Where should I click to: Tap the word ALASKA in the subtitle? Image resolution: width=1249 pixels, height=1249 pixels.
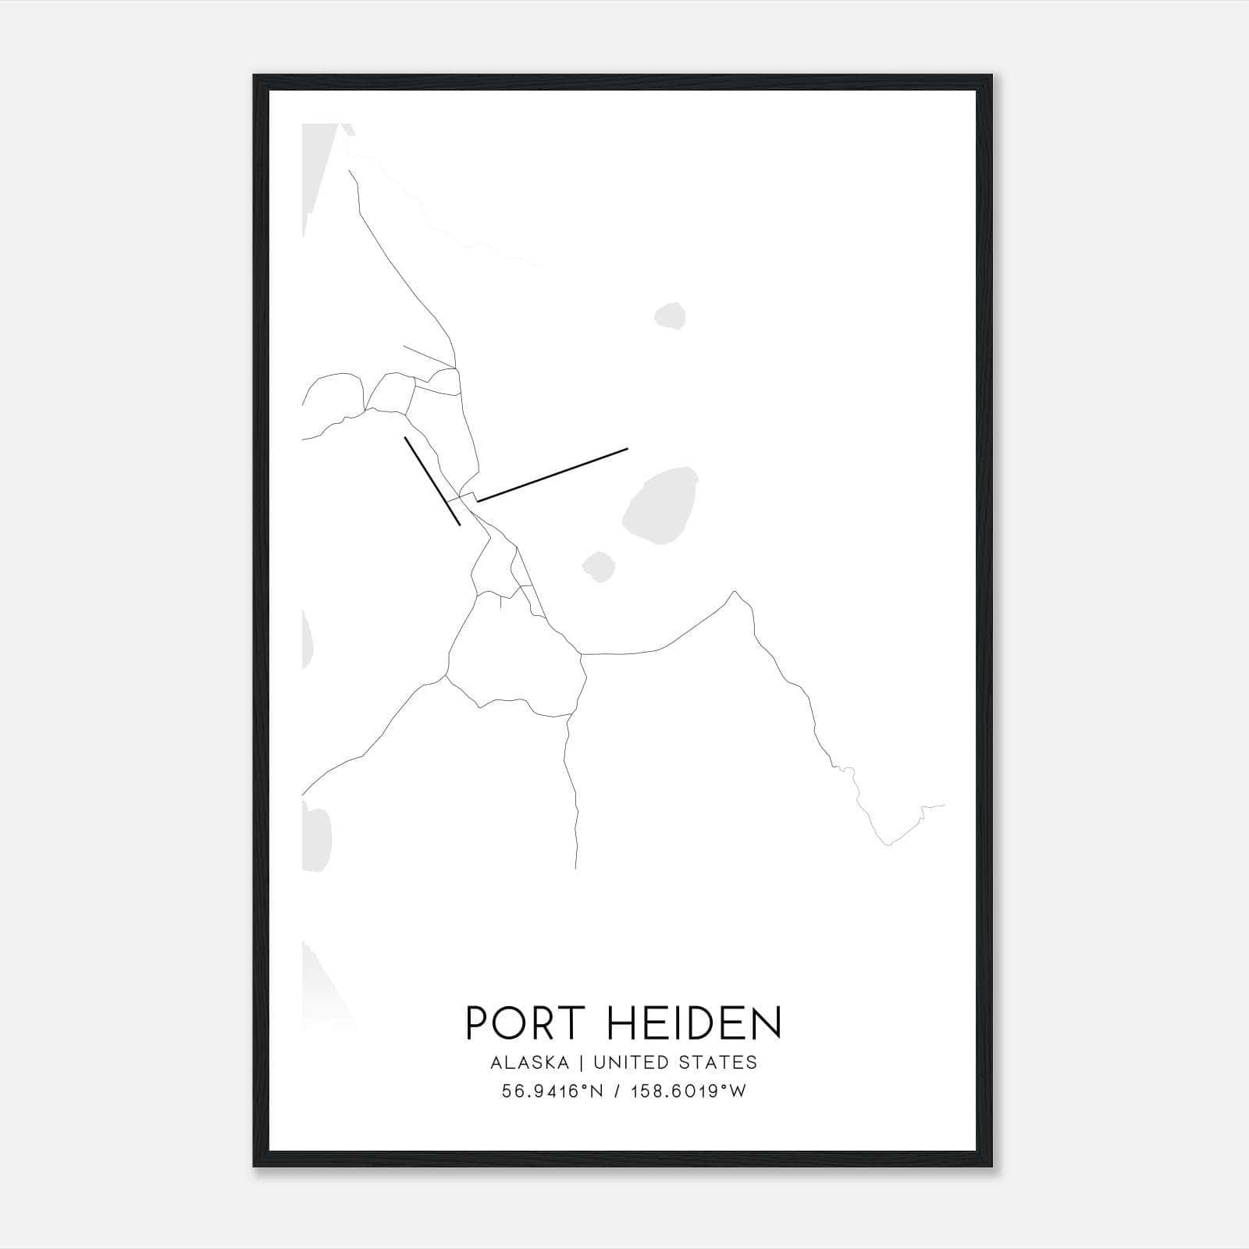tap(529, 1062)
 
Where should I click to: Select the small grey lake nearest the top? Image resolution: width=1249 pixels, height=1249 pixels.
tap(670, 316)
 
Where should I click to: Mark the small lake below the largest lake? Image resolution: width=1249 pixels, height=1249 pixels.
tap(599, 567)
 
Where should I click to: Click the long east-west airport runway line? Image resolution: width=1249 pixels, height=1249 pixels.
tap(553, 475)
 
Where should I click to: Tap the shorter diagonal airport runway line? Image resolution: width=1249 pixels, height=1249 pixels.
tap(432, 481)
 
